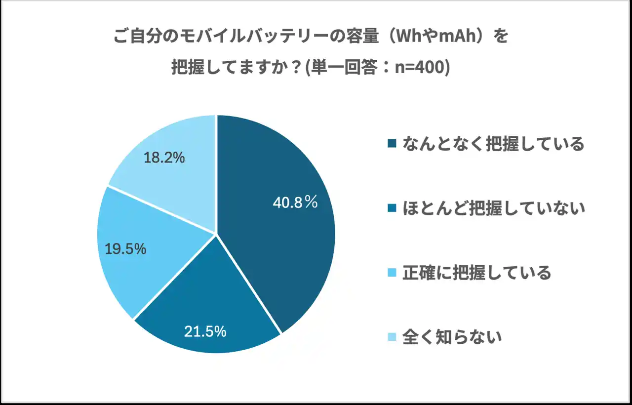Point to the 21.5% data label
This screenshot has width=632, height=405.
[205, 331]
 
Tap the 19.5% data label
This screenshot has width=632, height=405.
[125, 249]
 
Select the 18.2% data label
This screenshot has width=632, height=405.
[164, 158]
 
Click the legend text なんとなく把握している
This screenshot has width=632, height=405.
[493, 144]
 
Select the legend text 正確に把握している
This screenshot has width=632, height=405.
[476, 273]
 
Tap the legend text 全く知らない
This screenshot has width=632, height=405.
[452, 337]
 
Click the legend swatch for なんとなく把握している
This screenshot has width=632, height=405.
[393, 144]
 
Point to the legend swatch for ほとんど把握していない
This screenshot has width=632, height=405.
[393, 209]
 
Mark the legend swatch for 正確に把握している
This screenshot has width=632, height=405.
[393, 273]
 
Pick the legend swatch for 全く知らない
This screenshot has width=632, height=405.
[393, 337]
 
